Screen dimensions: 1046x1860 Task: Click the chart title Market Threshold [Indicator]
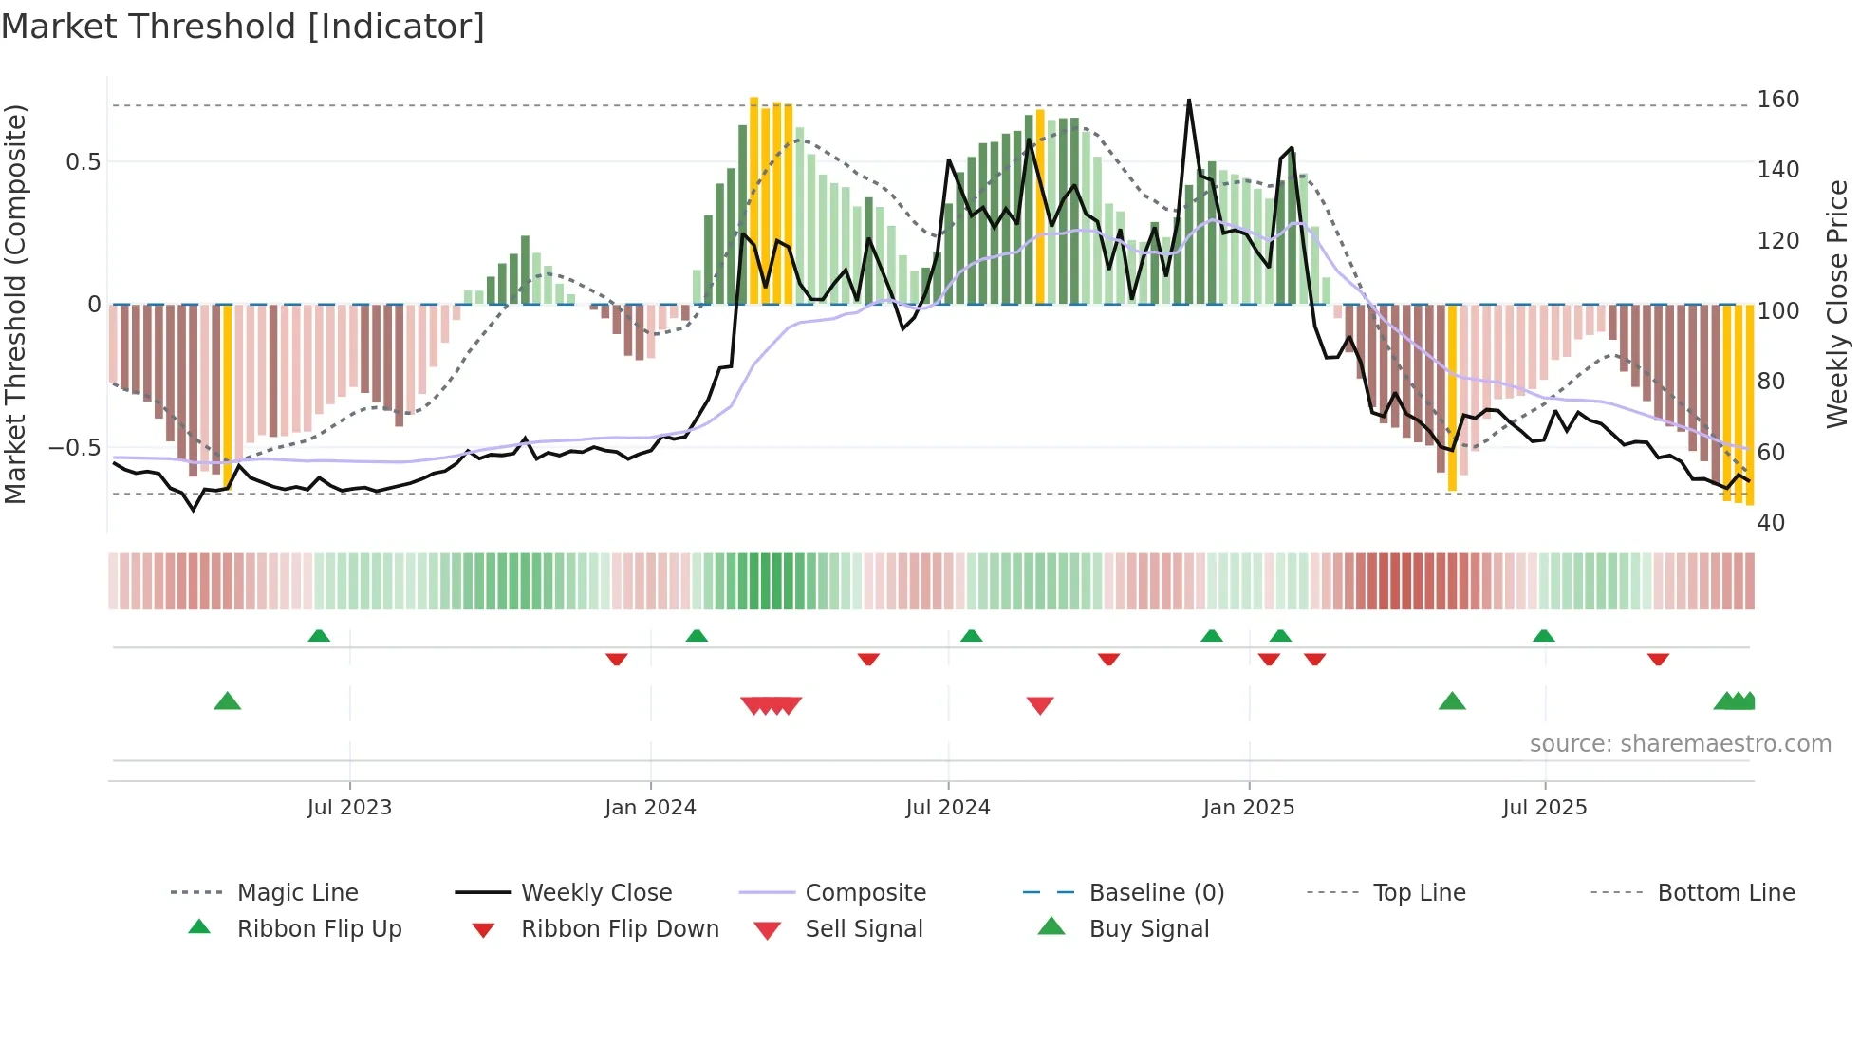pyautogui.click(x=243, y=27)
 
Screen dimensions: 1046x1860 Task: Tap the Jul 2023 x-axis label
pyautogui.click(x=349, y=808)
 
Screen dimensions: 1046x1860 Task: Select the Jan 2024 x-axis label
pyautogui.click(x=650, y=808)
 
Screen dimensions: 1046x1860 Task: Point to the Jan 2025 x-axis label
pyautogui.click(x=1248, y=808)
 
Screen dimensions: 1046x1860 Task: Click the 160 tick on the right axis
pyautogui.click(x=1777, y=100)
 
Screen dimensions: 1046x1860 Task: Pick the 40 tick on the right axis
pyautogui.click(x=1771, y=523)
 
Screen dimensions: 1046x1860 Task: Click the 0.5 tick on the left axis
pyautogui.click(x=83, y=162)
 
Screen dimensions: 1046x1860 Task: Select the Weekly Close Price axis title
pyautogui.click(x=1837, y=304)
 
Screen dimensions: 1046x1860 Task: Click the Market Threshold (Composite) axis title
pyautogui.click(x=15, y=304)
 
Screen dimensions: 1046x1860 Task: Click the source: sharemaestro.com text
pyautogui.click(x=1680, y=744)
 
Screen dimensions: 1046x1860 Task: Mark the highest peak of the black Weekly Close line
pyautogui.click(x=1189, y=101)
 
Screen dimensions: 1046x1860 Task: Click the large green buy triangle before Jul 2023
pyautogui.click(x=228, y=701)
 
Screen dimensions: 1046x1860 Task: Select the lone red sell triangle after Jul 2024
pyautogui.click(x=1040, y=705)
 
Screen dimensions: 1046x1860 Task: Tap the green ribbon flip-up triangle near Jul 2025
pyautogui.click(x=1543, y=636)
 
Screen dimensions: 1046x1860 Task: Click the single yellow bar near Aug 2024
pyautogui.click(x=1040, y=207)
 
